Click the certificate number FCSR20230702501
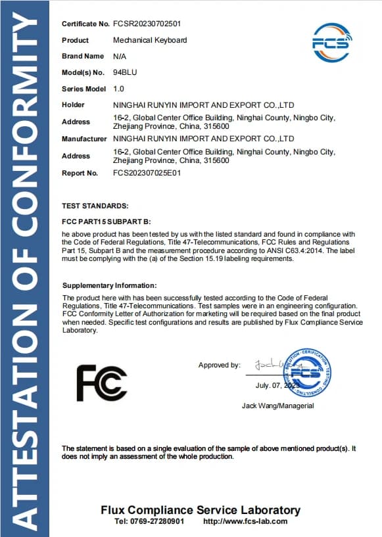pos(147,24)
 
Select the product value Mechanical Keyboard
pos(150,40)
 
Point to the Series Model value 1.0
pos(118,89)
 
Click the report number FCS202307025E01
pos(147,173)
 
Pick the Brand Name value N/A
pos(120,57)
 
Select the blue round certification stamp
pos(306,372)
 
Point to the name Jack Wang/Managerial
pos(278,406)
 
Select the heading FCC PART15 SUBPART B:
pos(107,222)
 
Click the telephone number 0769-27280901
pos(158,521)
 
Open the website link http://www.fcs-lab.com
pos(246,521)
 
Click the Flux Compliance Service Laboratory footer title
pos(201,510)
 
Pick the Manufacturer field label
pos(84,139)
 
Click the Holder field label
pos(73,105)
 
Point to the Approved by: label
pos(220,365)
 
